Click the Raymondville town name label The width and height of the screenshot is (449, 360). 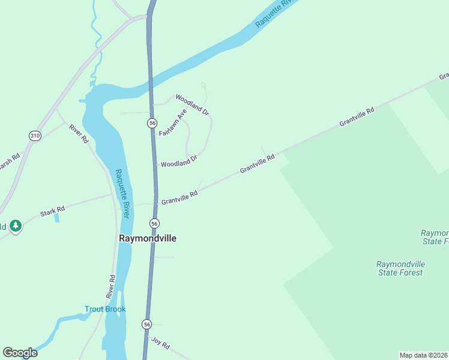(x=148, y=238)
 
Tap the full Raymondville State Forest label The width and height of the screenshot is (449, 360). (x=400, y=268)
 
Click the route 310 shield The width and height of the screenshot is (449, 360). (x=35, y=136)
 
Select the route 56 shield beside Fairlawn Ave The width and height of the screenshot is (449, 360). (x=152, y=123)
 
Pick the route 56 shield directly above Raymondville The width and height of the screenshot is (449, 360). (x=154, y=223)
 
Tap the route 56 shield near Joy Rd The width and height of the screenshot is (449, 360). (x=147, y=324)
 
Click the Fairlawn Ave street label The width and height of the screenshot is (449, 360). (x=173, y=122)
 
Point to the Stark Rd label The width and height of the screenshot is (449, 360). (x=52, y=212)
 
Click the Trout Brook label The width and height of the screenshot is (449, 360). (x=105, y=310)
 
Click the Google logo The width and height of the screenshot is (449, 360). (x=20, y=353)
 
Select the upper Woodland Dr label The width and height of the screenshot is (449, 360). (x=191, y=104)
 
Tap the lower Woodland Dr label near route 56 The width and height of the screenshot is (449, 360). (x=179, y=161)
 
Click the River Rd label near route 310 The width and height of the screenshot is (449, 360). (x=79, y=133)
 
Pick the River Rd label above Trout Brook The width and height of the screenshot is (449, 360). (x=110, y=287)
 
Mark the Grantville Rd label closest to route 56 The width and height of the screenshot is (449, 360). (x=179, y=197)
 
